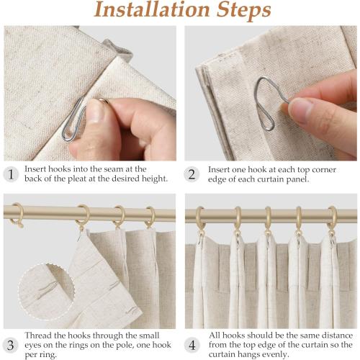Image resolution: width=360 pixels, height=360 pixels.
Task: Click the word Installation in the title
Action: click(x=146, y=11)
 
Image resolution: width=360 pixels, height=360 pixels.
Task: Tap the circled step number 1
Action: click(x=10, y=174)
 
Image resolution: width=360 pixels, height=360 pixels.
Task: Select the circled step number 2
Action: click(x=192, y=174)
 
